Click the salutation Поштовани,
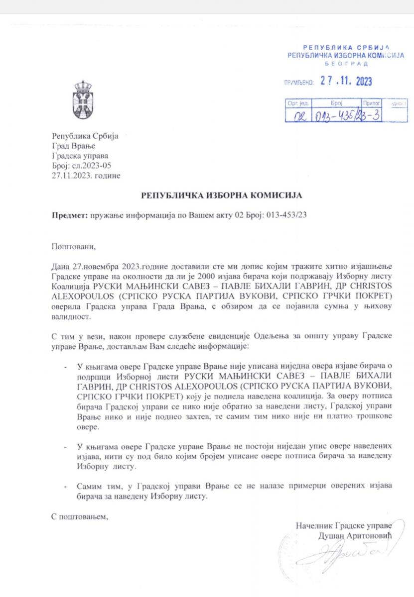[73, 246]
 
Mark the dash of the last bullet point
[67, 485]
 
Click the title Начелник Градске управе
[344, 525]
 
